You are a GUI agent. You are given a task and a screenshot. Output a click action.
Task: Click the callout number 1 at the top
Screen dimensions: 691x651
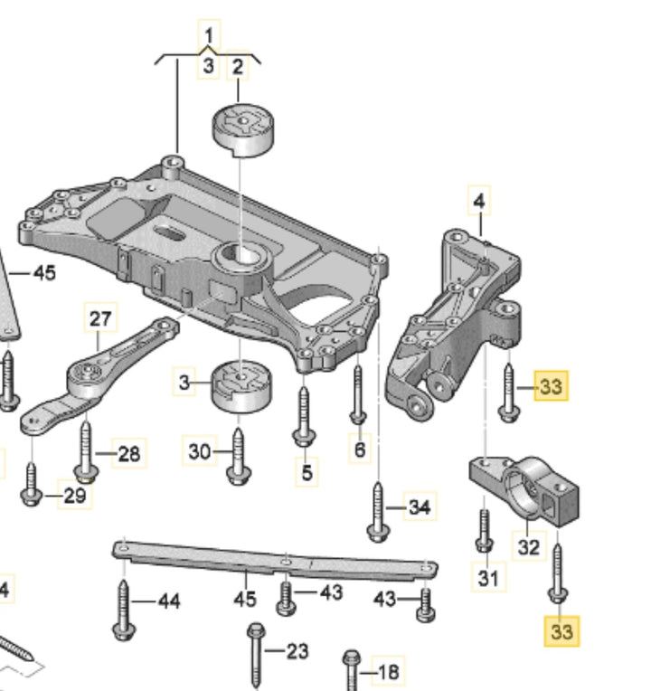click(x=209, y=36)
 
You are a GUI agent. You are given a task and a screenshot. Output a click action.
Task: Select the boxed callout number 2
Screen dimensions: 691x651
click(x=238, y=66)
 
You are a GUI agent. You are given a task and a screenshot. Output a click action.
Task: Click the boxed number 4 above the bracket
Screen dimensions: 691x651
click(x=479, y=199)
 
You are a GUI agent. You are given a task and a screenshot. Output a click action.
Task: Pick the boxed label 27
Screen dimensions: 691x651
click(x=100, y=318)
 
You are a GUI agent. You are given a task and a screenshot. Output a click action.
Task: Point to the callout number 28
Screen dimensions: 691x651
click(x=129, y=452)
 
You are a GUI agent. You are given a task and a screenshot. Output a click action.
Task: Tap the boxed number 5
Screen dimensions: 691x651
click(x=306, y=471)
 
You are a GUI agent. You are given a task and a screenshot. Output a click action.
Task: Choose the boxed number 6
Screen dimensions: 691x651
click(x=360, y=449)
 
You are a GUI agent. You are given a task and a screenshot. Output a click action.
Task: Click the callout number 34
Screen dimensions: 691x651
click(x=419, y=507)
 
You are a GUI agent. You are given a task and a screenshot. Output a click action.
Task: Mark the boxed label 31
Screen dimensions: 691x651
click(x=488, y=576)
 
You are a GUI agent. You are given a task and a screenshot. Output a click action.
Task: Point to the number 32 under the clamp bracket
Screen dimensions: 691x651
click(x=529, y=547)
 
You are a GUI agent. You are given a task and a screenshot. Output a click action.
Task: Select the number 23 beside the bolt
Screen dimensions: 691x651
click(x=297, y=650)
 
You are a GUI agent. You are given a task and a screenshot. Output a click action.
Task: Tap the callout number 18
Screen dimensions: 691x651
click(x=388, y=672)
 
